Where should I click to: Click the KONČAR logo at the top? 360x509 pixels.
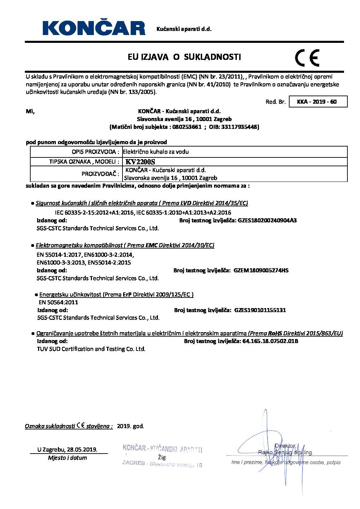click(93, 28)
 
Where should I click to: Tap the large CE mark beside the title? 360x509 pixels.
click(307, 57)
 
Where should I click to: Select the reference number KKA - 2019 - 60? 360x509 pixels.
click(317, 102)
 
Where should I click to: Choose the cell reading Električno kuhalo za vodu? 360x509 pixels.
click(156, 152)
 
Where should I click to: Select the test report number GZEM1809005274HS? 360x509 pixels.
click(261, 270)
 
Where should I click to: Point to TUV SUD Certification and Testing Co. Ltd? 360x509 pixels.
click(91, 349)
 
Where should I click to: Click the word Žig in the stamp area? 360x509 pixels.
click(162, 457)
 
